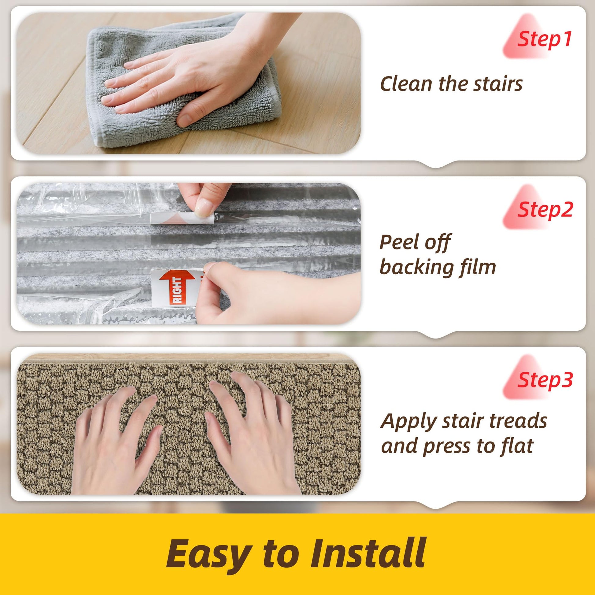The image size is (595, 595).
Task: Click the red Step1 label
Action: click(x=544, y=39)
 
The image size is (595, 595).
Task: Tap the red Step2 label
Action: click(x=545, y=210)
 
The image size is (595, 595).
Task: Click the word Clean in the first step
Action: click(x=407, y=84)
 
